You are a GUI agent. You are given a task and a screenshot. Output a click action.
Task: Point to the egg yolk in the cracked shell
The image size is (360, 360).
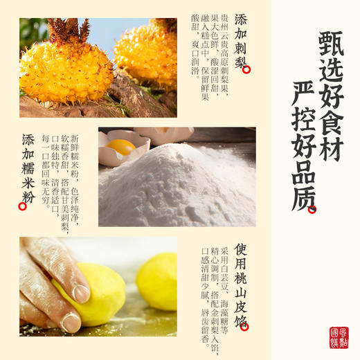[x=121, y=147]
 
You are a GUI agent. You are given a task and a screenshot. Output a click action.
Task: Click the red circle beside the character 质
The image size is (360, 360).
[x=313, y=208]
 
